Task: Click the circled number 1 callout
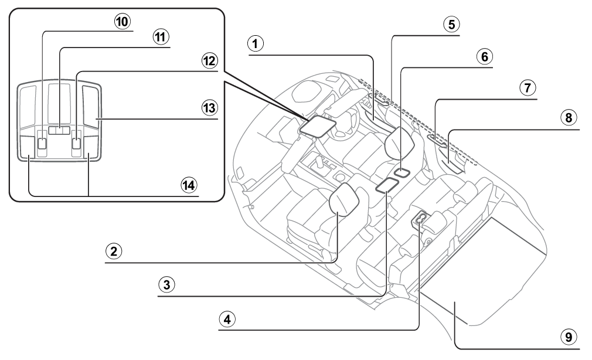255,44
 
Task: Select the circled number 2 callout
114,251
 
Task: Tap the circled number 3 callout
166,284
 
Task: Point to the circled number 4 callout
227,320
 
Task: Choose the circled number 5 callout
451,25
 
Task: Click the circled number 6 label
484,57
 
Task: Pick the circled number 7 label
528,88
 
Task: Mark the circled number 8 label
569,118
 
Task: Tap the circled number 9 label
569,337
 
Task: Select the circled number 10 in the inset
123,22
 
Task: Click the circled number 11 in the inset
161,37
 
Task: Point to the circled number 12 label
209,61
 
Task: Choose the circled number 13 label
209,108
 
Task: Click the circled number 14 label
189,185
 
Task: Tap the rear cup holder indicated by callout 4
420,218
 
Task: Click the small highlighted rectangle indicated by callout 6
402,172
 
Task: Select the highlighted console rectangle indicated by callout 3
387,185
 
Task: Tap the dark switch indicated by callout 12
77,143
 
